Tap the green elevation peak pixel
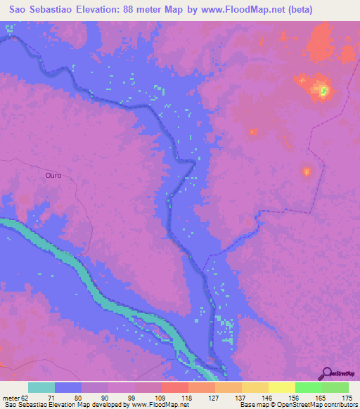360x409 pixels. tap(324, 90)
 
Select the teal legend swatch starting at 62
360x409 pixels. tap(41, 387)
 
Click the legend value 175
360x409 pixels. tap(347, 397)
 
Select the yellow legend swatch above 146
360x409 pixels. tap(281, 387)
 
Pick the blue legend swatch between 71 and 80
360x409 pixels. tap(68, 387)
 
